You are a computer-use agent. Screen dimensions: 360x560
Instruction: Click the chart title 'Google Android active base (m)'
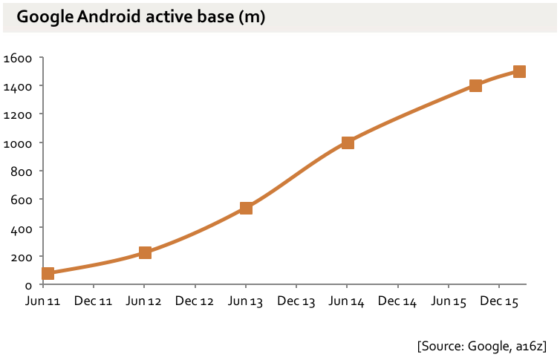tap(141, 17)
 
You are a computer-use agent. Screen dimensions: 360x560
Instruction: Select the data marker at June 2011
tap(48, 273)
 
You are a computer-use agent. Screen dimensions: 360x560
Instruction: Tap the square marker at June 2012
tap(145, 253)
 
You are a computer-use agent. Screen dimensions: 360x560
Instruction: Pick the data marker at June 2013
tap(246, 208)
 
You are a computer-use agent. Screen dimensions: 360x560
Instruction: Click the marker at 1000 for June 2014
tap(347, 143)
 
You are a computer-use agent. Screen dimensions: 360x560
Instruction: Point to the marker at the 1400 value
tap(475, 85)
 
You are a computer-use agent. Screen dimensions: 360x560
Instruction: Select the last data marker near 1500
tap(519, 71)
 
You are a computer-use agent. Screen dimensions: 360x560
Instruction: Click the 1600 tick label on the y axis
tap(18, 58)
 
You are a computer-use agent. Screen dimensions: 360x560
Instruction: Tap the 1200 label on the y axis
tap(18, 114)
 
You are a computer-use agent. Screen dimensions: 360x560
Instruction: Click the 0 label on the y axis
tap(27, 285)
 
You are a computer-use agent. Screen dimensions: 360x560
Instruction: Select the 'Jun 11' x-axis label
tap(43, 301)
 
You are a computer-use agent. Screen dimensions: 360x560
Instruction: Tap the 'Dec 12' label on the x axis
tap(195, 301)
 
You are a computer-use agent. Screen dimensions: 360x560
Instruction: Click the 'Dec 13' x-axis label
tap(296, 301)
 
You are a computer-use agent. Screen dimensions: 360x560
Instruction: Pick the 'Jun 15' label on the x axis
tap(449, 301)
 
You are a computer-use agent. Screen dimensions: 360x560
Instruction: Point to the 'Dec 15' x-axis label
tap(499, 301)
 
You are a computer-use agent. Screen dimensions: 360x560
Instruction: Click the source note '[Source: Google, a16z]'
tap(481, 345)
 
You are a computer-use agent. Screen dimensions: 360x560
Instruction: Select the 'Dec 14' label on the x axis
tap(397, 301)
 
